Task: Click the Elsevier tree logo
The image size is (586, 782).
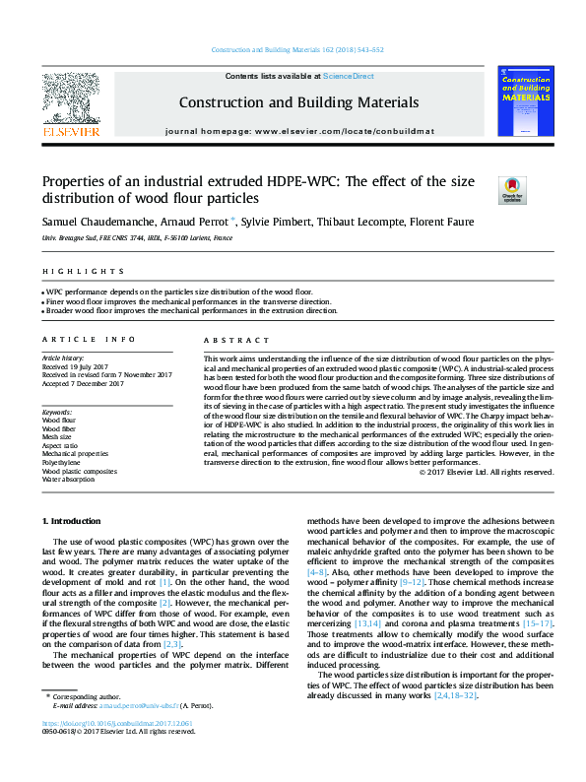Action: pos(70,99)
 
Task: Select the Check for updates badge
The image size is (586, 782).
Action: pos(511,189)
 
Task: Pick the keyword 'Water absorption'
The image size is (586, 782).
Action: pos(68,480)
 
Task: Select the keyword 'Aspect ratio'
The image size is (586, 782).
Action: pos(60,444)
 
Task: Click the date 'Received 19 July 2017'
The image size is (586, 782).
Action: pos(79,367)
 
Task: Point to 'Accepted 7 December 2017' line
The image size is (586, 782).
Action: pos(83,383)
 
